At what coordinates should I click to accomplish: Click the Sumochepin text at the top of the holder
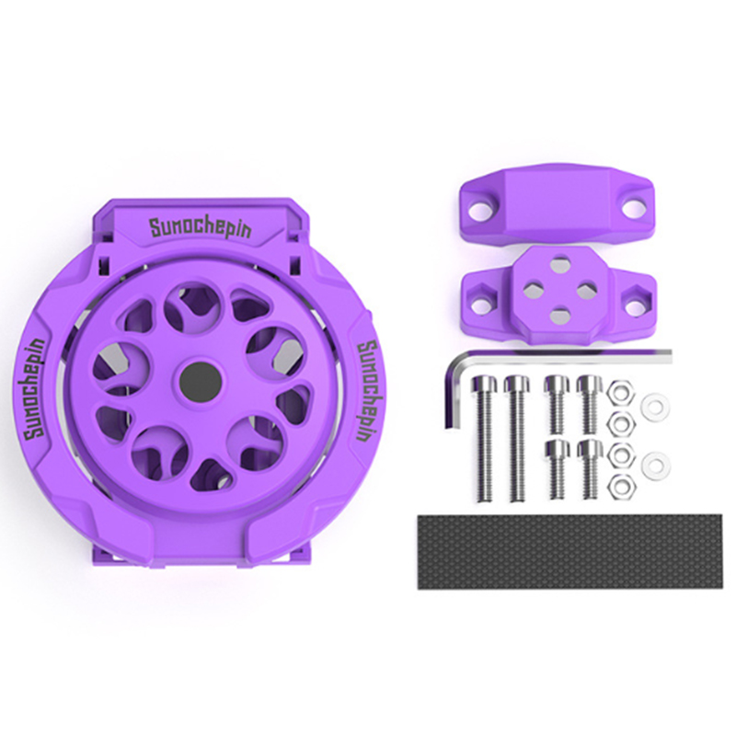tap(201, 228)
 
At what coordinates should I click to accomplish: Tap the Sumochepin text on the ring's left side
tap(35, 386)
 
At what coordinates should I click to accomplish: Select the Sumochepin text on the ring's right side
tap(368, 392)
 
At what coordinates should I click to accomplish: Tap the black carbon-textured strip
tap(569, 551)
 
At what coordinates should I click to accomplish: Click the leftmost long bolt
tap(484, 438)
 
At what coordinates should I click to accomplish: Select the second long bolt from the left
tap(517, 438)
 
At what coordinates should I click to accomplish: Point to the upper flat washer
tap(655, 404)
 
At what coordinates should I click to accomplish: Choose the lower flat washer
tap(656, 466)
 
